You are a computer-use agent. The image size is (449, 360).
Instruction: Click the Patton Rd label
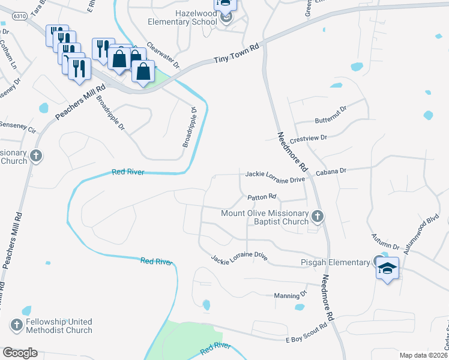click(x=262, y=197)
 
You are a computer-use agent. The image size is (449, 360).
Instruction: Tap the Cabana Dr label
click(x=332, y=171)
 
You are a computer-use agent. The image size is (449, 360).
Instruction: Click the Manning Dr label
click(x=290, y=295)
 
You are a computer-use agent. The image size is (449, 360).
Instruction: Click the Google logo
click(x=20, y=353)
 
